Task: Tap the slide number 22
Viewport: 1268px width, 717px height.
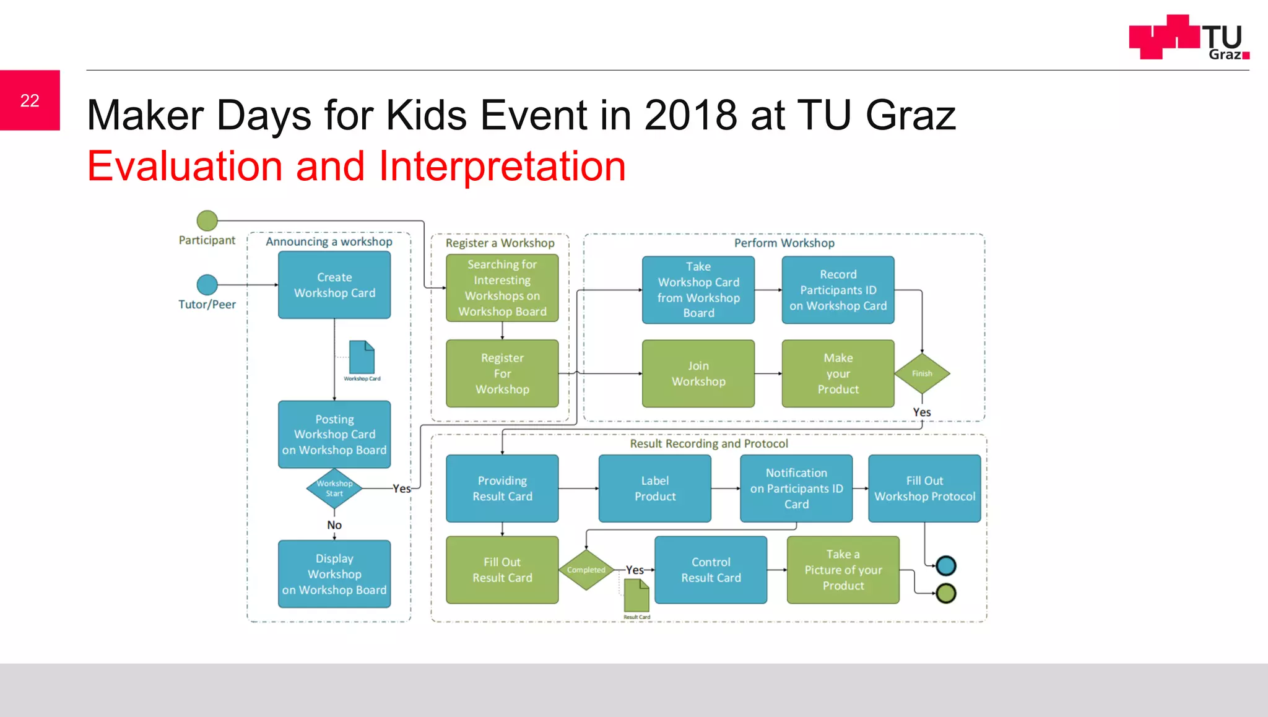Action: pos(30,100)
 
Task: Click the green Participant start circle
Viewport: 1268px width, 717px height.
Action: pos(207,220)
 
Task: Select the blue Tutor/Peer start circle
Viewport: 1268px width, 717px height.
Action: pos(207,285)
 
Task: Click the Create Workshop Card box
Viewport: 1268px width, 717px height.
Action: pos(334,285)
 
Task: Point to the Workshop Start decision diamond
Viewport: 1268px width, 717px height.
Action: pos(334,489)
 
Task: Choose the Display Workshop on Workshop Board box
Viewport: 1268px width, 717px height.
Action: pos(334,574)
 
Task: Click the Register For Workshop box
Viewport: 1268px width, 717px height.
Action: pos(502,373)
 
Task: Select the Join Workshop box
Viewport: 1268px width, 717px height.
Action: pos(698,373)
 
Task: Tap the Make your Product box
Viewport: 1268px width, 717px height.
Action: pos(838,373)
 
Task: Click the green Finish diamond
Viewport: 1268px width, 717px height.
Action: pos(922,373)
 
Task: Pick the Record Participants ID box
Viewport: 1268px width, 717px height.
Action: pos(838,290)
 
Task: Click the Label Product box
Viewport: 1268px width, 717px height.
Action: pos(655,489)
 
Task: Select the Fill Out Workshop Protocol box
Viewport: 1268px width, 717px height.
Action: pos(924,489)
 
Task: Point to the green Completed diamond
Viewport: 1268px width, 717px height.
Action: pos(586,570)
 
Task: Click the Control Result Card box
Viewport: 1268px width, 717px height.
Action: pos(711,570)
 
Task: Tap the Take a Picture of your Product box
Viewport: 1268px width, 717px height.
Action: pos(843,570)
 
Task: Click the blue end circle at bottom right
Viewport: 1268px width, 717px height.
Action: pos(946,565)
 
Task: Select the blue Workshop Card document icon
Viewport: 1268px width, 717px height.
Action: pos(362,357)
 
